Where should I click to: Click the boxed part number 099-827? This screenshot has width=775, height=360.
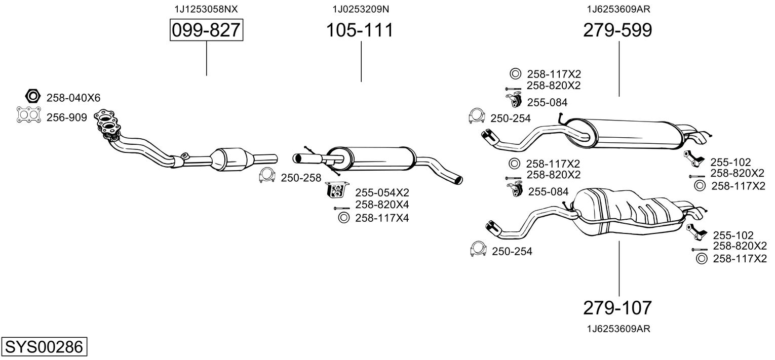click(206, 30)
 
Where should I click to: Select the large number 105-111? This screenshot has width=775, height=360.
click(359, 30)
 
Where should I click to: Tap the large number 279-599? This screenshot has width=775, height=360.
click(617, 30)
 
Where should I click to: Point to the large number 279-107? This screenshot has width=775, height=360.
click(617, 307)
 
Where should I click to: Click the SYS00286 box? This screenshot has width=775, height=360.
click(44, 347)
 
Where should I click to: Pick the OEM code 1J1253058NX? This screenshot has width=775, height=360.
click(206, 9)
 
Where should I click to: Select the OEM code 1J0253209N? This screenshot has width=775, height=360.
click(361, 9)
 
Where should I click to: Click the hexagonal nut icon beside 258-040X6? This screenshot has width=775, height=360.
click(32, 96)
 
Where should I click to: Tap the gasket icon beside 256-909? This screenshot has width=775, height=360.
click(28, 116)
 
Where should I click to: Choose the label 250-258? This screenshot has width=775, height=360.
click(301, 178)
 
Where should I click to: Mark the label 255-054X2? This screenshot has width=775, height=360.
click(382, 192)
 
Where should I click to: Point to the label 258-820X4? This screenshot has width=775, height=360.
click(382, 205)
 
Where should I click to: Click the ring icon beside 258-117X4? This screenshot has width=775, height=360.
click(343, 218)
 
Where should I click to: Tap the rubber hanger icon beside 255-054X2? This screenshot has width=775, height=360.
click(336, 190)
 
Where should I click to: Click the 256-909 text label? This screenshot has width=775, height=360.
click(67, 117)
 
